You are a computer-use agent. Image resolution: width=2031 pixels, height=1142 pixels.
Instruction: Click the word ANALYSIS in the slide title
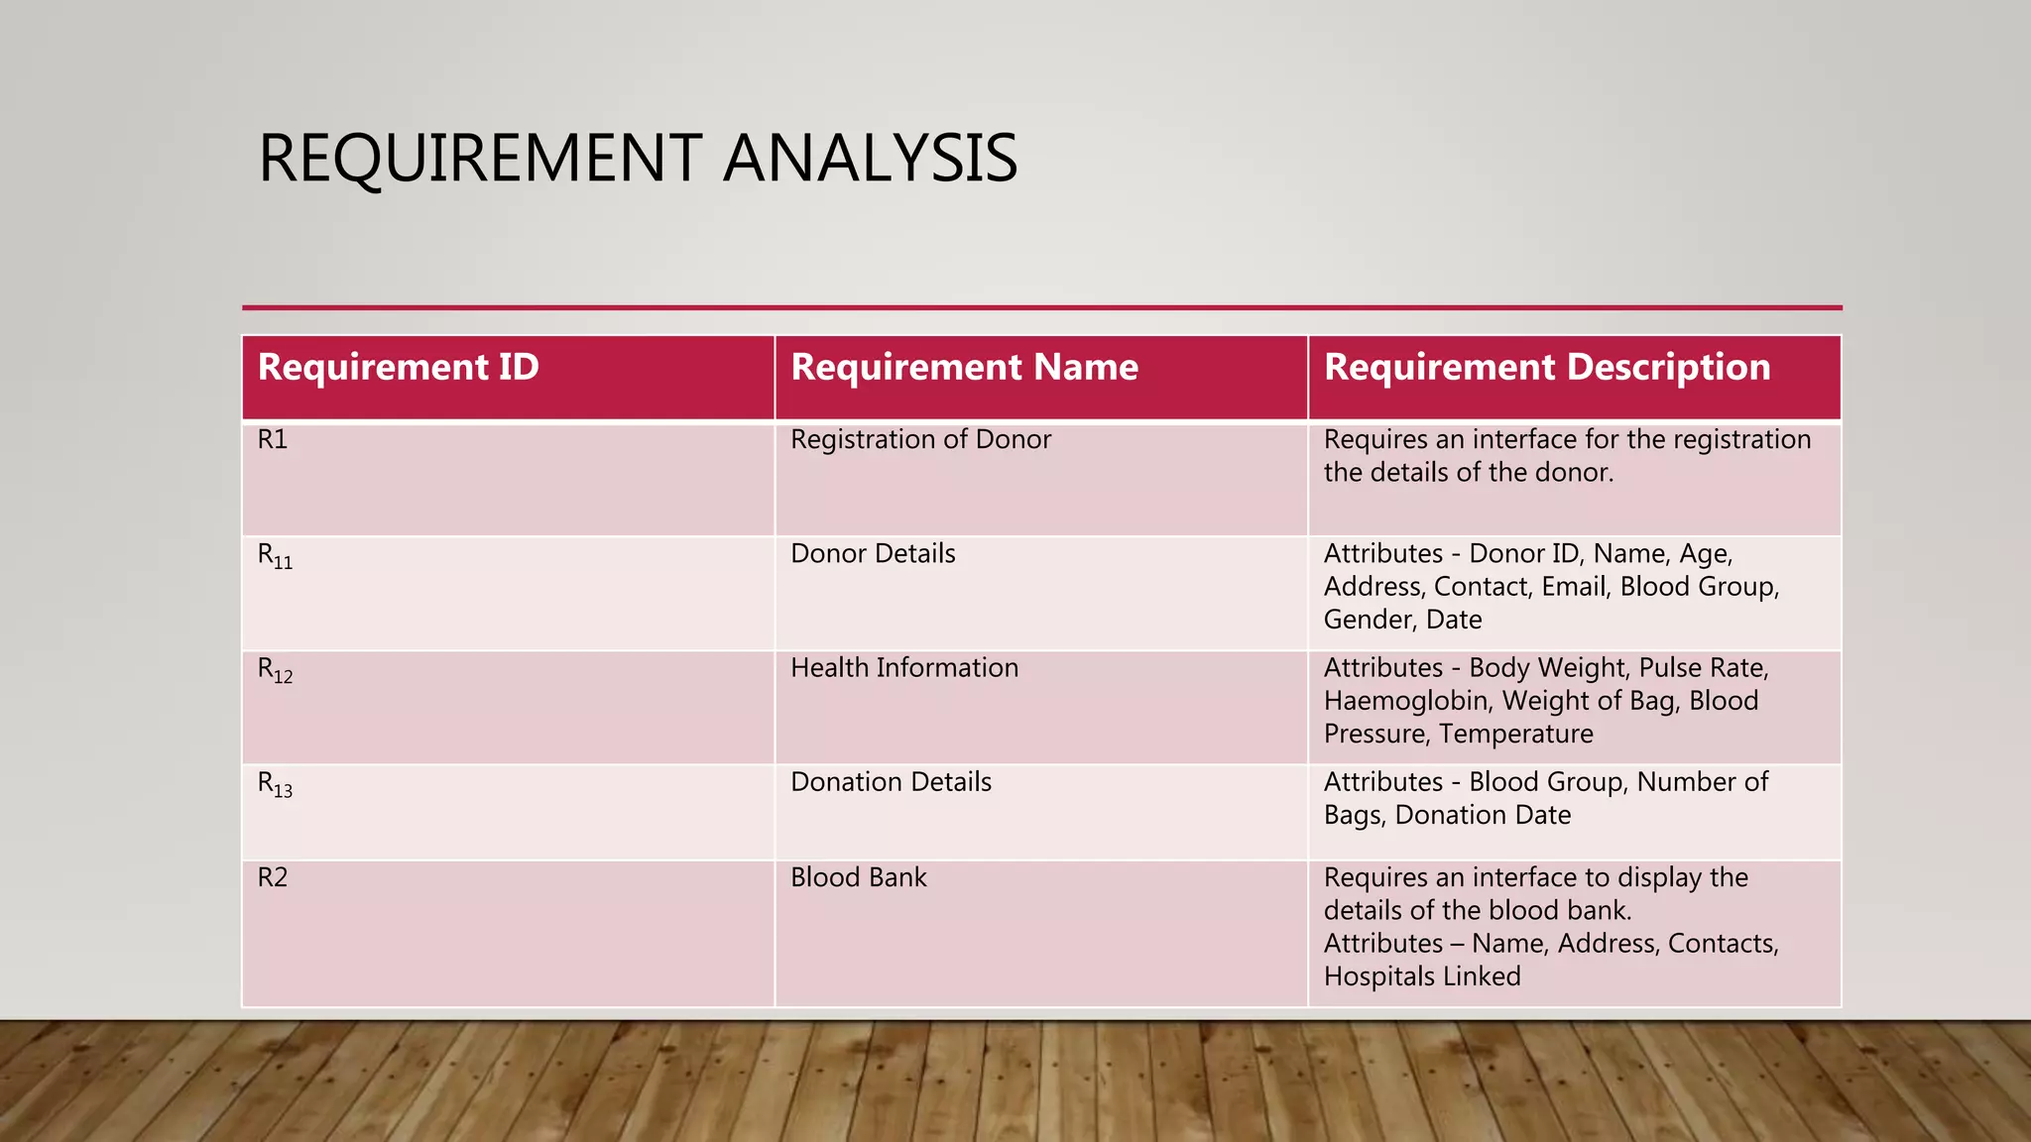(x=870, y=159)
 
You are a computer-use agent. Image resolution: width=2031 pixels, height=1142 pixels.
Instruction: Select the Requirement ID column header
(x=398, y=368)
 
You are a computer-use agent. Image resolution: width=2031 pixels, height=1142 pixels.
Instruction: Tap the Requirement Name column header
(x=964, y=368)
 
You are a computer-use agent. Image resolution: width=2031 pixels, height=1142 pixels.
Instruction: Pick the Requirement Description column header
(x=1547, y=368)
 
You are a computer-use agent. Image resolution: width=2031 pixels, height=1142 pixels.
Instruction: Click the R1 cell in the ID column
(x=273, y=439)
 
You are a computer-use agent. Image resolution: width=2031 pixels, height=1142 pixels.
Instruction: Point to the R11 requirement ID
(x=275, y=556)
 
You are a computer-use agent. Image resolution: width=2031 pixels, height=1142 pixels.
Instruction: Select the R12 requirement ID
(x=275, y=670)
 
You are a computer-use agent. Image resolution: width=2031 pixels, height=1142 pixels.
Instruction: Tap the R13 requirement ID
(x=275, y=784)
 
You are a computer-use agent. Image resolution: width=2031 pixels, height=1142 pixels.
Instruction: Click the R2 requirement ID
(x=273, y=877)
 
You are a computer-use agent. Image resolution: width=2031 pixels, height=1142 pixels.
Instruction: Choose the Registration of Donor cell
(x=920, y=439)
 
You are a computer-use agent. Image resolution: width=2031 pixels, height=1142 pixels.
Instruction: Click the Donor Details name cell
(x=873, y=553)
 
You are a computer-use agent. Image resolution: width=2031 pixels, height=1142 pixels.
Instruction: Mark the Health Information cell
(x=904, y=667)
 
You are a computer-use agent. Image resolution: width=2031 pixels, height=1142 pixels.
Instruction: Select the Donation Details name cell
(x=891, y=781)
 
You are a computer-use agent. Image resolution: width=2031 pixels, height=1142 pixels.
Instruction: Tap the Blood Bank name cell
(x=858, y=877)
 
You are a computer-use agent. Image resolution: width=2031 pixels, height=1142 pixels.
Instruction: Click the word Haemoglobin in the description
(x=1407, y=701)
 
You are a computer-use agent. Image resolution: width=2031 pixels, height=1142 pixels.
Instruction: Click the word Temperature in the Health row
(x=1516, y=734)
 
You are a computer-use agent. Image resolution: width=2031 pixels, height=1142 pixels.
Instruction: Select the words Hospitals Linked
(x=1422, y=976)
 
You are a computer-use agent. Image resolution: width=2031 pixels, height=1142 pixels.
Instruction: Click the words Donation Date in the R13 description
(x=1483, y=815)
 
